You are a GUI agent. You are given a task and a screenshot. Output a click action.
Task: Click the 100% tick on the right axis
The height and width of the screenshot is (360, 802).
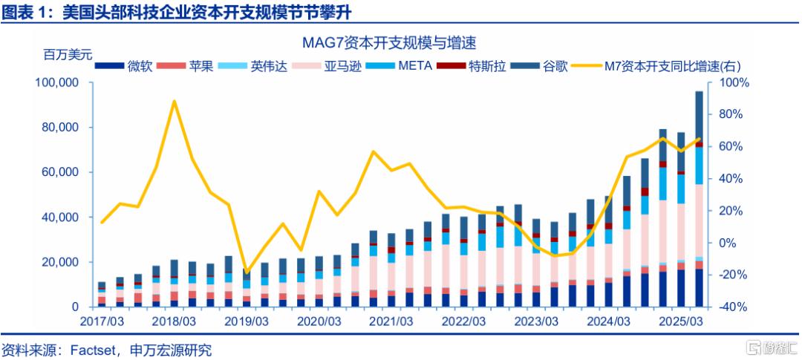click(729, 82)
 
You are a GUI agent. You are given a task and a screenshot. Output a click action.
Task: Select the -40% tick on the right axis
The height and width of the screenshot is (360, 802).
click(729, 307)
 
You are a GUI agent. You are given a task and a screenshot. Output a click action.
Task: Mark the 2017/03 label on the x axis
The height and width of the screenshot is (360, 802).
click(102, 322)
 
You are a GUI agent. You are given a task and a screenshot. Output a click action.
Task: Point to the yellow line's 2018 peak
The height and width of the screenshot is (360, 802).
click(174, 102)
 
